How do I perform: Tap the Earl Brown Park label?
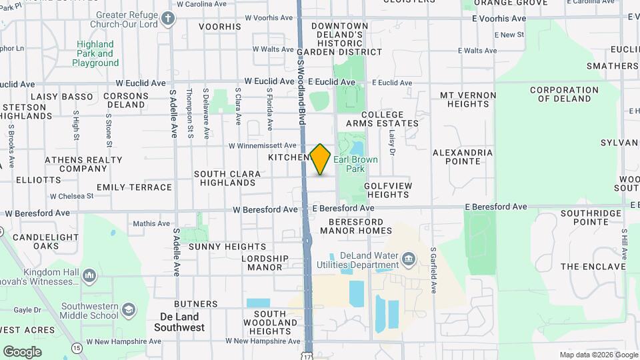355,165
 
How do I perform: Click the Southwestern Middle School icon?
128,309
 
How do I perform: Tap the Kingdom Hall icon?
89,275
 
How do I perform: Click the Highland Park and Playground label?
95,53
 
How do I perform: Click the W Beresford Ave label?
265,209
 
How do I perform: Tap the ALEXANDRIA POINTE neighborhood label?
463,157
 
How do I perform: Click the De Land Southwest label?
179,322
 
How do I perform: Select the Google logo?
22,351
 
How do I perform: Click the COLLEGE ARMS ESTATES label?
382,119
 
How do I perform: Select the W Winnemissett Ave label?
262,145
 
